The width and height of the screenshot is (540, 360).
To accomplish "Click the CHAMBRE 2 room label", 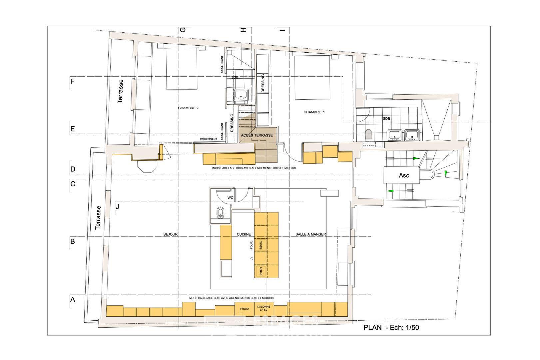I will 188,108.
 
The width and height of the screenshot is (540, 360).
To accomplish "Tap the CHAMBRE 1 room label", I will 314,112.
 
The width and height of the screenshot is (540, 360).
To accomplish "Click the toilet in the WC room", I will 221,213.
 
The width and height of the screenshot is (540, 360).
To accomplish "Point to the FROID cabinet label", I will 245,309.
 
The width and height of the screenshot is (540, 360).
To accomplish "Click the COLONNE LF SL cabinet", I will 264,308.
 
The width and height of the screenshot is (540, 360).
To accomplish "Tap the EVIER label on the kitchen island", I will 261,271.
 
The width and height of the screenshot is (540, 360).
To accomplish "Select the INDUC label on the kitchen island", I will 261,245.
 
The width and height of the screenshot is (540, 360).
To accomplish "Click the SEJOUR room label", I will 170,234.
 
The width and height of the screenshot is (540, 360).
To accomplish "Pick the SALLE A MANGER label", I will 310,234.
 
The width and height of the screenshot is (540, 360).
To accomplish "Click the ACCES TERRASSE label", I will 257,135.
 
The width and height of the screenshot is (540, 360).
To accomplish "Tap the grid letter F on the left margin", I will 72,81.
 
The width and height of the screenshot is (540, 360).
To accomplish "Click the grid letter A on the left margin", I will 73,299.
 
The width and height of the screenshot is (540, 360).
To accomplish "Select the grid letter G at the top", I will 183,30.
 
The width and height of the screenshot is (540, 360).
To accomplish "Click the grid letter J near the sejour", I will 117,207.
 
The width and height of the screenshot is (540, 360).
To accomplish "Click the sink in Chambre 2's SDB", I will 241,95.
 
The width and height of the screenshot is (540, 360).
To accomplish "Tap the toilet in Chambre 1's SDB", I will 368,134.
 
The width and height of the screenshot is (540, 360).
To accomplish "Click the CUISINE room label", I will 244,234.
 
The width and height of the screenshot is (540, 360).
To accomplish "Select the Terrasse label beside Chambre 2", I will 121,91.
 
